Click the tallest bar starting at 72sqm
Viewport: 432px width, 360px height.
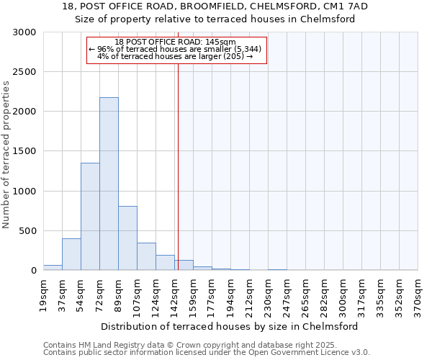109,184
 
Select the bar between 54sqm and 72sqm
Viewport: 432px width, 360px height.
90,216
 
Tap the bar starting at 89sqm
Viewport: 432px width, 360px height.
127,238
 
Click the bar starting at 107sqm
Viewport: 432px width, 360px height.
146,256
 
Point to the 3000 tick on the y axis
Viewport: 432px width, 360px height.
25,32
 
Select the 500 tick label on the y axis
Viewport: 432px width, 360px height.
28,231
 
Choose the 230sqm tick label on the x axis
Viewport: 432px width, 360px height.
268,293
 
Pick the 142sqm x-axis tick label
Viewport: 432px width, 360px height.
174,293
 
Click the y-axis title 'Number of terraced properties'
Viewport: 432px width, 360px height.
7,155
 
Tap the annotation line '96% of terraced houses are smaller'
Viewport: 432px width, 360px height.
177,49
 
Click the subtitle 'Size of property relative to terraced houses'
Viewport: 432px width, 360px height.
216,19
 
